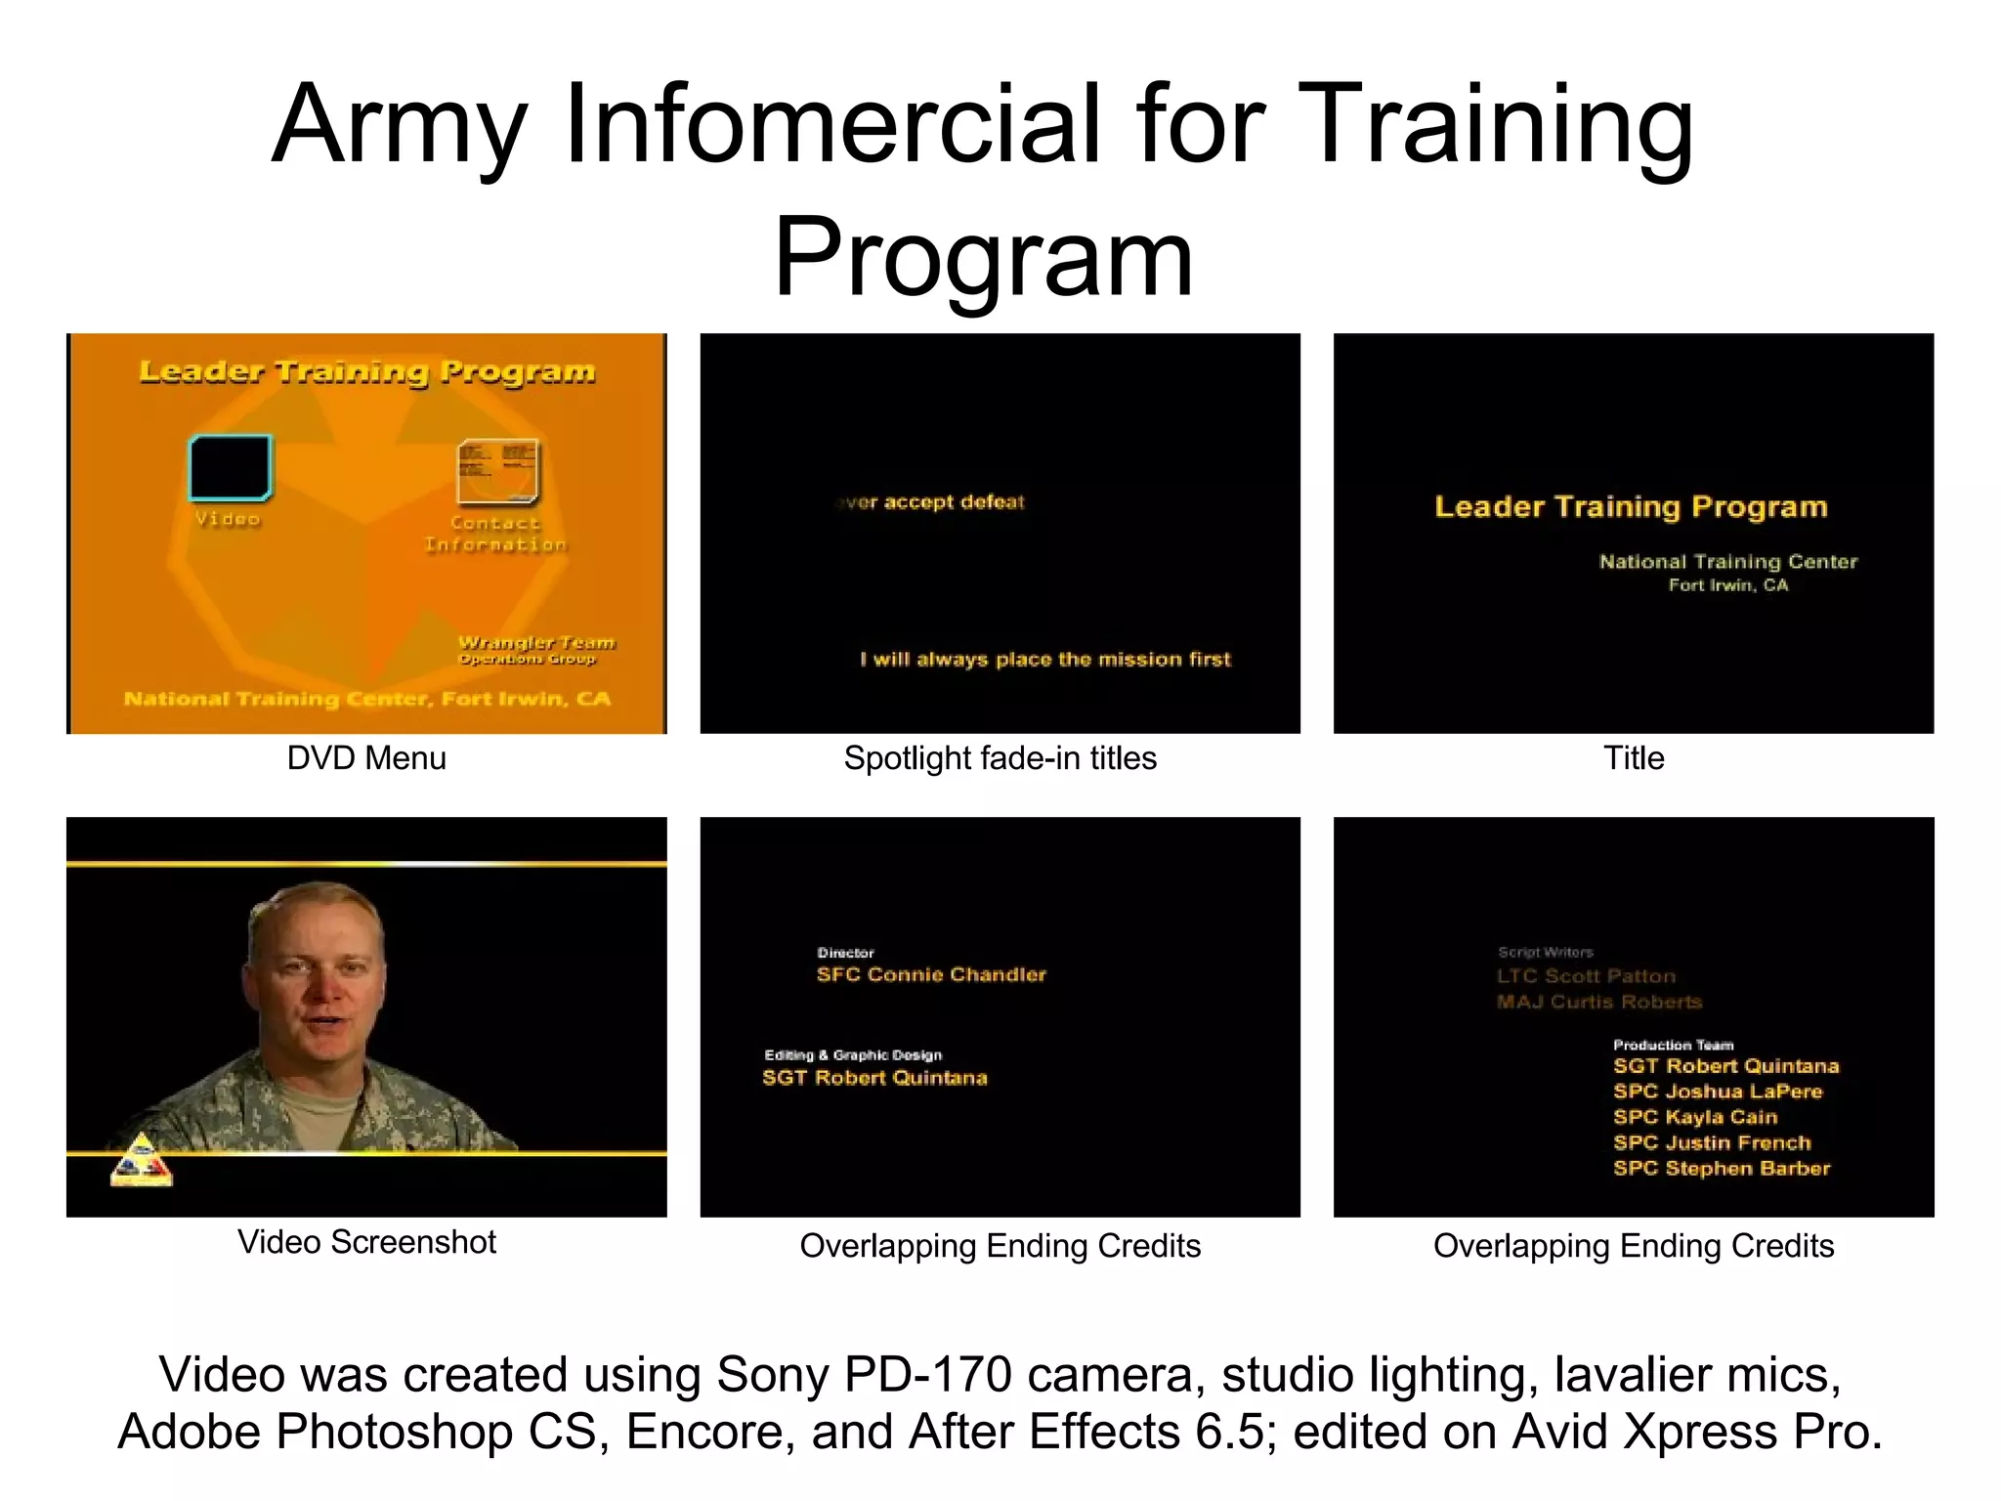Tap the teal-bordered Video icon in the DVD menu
230,468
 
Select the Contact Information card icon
497,472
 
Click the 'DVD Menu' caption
366,758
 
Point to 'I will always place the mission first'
1044,660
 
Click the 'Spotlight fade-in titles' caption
1000,758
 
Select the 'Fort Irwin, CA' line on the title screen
1727,585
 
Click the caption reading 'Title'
1633,758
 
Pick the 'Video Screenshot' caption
366,1242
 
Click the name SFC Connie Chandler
931,974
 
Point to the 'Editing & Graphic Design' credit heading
853,1055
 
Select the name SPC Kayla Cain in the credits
1695,1117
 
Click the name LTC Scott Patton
1586,976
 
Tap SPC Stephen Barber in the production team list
1722,1168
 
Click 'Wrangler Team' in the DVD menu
536,642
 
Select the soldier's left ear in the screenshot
376,971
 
